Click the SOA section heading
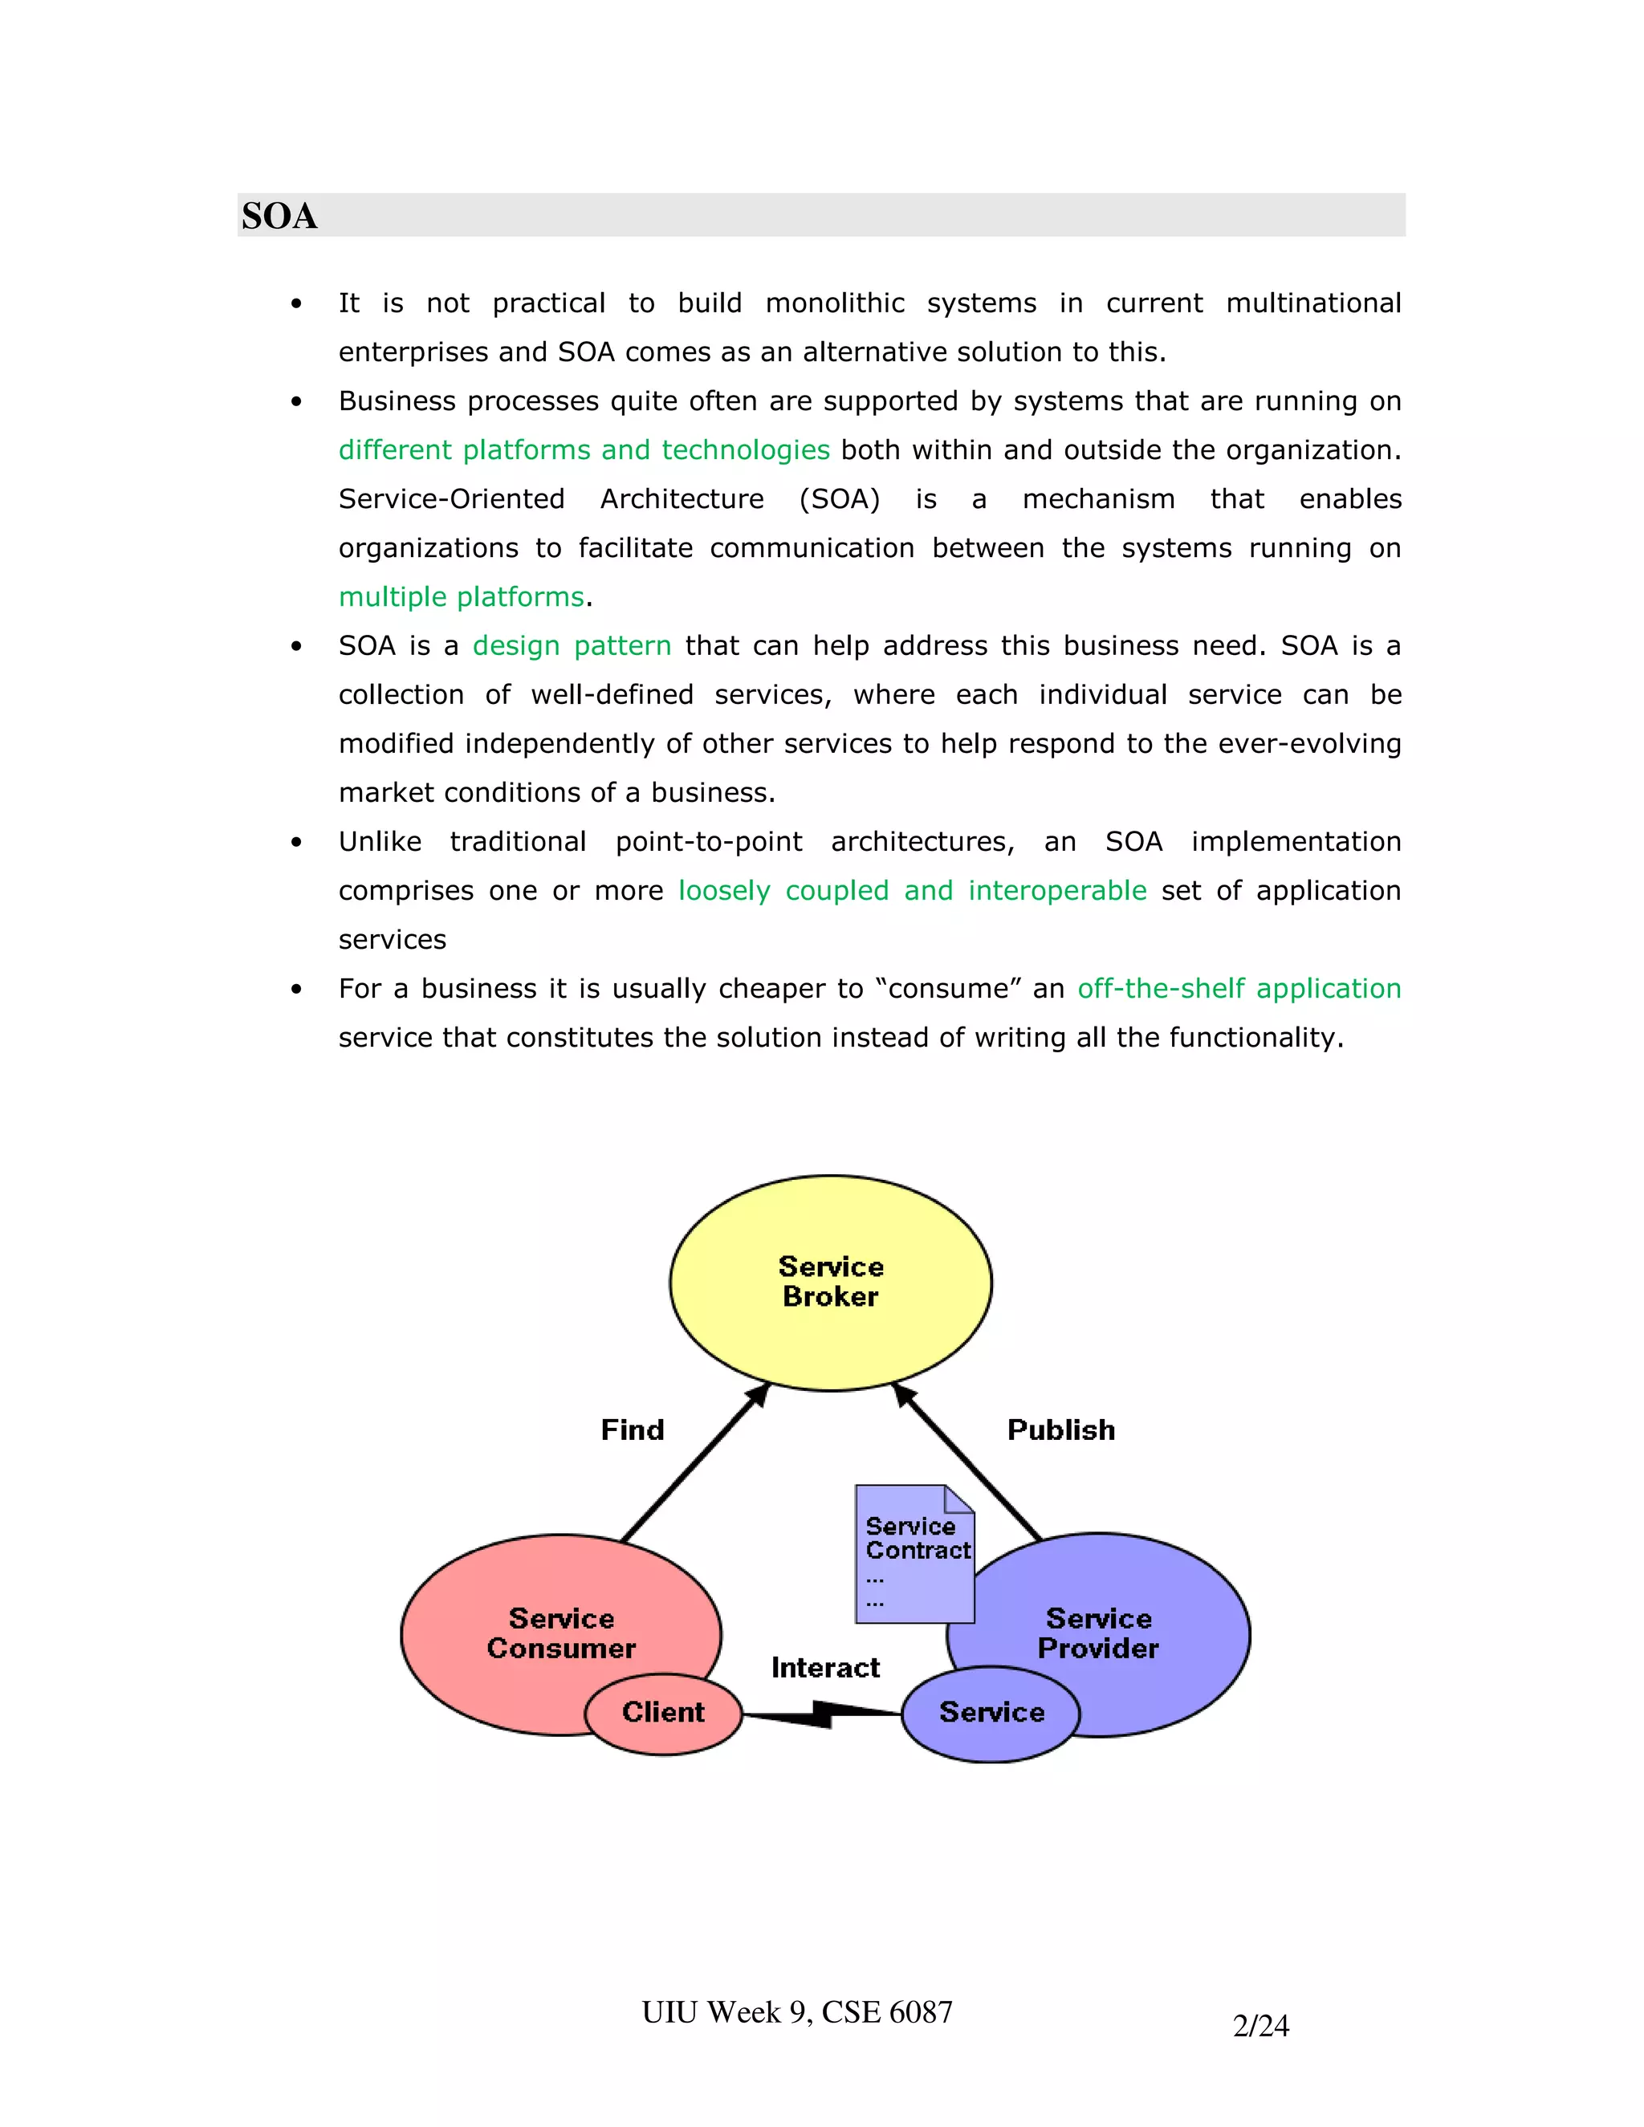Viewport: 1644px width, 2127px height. pyautogui.click(x=279, y=216)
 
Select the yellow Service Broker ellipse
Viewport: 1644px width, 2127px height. pyautogui.click(x=831, y=1282)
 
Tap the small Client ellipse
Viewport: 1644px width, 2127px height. pyautogui.click(x=663, y=1712)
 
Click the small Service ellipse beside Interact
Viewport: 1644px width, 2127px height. pyautogui.click(x=991, y=1712)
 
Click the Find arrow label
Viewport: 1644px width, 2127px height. pyautogui.click(x=632, y=1430)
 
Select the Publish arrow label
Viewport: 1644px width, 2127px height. pyautogui.click(x=1060, y=1430)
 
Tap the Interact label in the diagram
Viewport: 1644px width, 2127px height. pyautogui.click(x=825, y=1667)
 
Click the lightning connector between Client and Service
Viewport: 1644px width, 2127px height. pyautogui.click(x=823, y=1714)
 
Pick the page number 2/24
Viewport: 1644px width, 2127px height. pyautogui.click(x=1260, y=2026)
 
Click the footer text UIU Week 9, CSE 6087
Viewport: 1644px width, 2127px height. pyautogui.click(x=796, y=2012)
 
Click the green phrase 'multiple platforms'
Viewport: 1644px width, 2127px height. pyautogui.click(x=461, y=597)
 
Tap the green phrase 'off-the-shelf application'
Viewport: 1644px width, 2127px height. pyautogui.click(x=1239, y=989)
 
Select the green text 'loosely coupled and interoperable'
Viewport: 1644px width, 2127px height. pyautogui.click(x=913, y=890)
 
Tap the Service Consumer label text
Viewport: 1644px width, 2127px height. pyautogui.click(x=561, y=1633)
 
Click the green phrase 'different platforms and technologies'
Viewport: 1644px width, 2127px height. pyautogui.click(x=584, y=450)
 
